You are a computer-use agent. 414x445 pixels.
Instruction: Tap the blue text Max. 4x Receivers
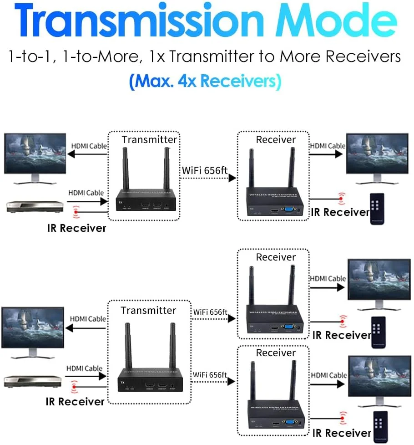pyautogui.click(x=204, y=81)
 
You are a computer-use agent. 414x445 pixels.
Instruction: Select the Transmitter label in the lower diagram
pyautogui.click(x=148, y=310)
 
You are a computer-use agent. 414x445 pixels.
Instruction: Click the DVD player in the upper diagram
pyautogui.click(x=32, y=206)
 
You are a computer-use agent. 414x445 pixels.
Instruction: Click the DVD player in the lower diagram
pyautogui.click(x=32, y=381)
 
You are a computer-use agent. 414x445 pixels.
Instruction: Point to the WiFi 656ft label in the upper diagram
pyautogui.click(x=204, y=170)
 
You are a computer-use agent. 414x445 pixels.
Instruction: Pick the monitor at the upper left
pyautogui.click(x=35, y=155)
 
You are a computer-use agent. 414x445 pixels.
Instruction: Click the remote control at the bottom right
pyautogui.click(x=381, y=426)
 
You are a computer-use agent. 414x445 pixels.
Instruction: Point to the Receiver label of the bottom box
pyautogui.click(x=276, y=353)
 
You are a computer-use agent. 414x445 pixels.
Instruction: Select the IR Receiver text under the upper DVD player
pyautogui.click(x=76, y=228)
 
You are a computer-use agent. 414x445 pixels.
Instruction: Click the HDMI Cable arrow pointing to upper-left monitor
pyautogui.click(x=86, y=153)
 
